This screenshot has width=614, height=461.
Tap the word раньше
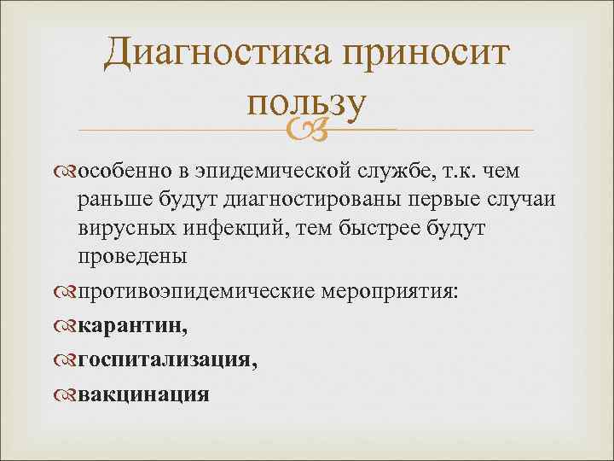(x=115, y=199)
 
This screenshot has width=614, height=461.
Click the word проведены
(x=132, y=255)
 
